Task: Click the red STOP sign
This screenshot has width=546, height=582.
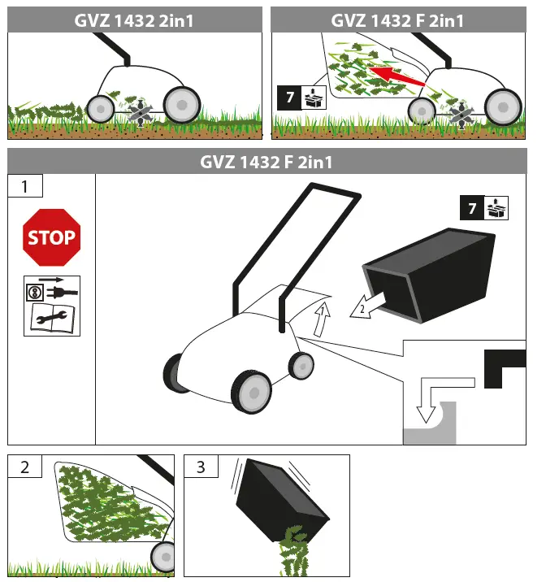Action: (52, 237)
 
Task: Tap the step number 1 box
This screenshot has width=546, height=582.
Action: (24, 186)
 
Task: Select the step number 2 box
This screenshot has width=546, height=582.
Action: (24, 467)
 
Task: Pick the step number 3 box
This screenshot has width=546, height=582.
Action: (201, 467)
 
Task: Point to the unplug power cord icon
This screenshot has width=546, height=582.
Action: (52, 291)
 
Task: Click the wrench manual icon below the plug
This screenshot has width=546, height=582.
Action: (52, 320)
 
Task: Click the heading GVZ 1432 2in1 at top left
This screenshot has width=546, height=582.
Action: (135, 20)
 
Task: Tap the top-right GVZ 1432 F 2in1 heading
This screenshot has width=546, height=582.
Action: (398, 20)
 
